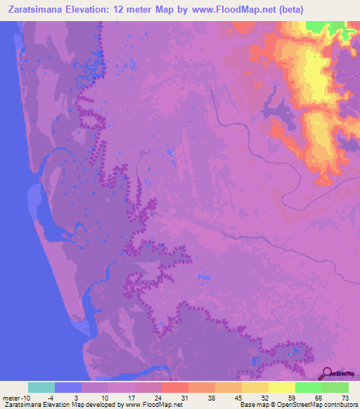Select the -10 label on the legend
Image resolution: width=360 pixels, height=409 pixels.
tap(25, 398)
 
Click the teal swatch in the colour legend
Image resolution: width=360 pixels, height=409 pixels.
tap(41, 387)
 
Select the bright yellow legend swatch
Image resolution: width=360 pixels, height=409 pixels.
tap(281, 387)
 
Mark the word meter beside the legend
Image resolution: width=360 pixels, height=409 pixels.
tap(11, 398)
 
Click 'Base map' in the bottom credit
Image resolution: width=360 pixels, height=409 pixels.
tap(254, 405)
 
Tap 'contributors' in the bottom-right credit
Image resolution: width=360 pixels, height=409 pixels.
tap(338, 405)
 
